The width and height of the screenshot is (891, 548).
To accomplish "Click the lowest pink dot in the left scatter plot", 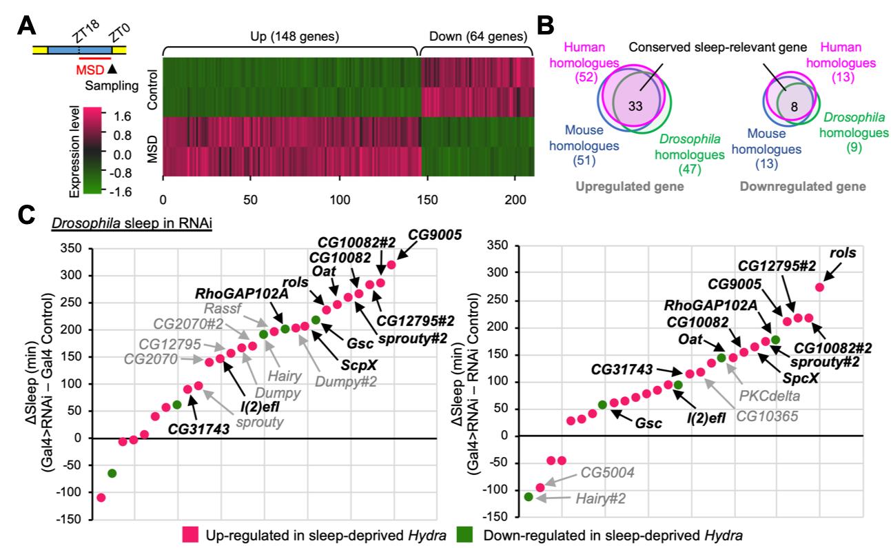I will pyautogui.click(x=101, y=497).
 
